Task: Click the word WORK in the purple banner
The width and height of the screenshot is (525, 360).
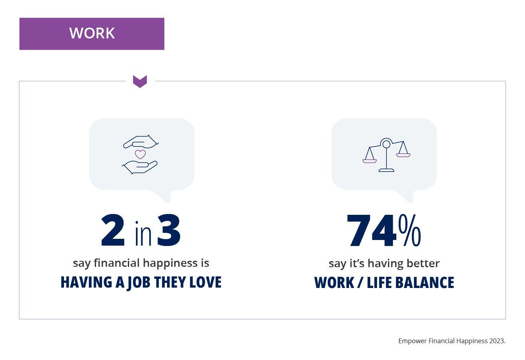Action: point(92,33)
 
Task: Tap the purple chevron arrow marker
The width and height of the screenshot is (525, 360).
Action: point(140,81)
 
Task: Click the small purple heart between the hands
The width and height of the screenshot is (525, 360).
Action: point(140,154)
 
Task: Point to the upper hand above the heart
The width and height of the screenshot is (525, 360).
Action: point(141,142)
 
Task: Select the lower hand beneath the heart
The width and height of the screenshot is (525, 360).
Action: point(140,167)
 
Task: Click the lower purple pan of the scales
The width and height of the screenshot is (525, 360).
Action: point(369,161)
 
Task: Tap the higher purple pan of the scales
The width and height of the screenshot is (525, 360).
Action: point(403,155)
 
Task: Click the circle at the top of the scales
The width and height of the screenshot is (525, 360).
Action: point(386,144)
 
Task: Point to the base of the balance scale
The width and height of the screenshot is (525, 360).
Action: point(387,170)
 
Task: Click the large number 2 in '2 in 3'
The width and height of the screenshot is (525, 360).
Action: point(113,230)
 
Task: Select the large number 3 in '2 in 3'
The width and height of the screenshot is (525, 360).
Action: point(169,230)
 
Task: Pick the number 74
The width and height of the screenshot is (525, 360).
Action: point(371,230)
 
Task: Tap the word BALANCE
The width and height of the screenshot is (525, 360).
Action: point(425,283)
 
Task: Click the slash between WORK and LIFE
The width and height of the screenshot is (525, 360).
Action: point(360,283)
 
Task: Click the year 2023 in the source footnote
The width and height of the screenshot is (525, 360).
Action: point(497,341)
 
